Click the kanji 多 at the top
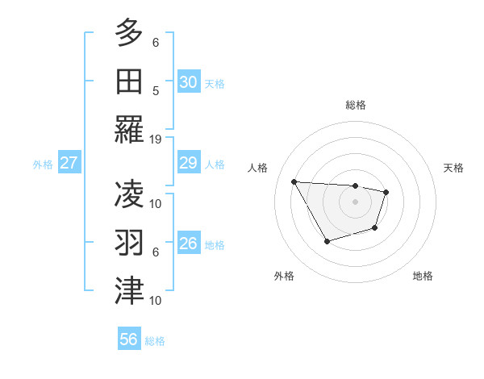[x=129, y=32]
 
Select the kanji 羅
[x=129, y=129]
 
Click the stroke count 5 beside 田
[x=156, y=90]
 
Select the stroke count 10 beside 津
[x=156, y=300]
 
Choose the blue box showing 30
[x=188, y=82]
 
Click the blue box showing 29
[x=188, y=164]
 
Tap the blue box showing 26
[x=188, y=244]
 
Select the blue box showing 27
[x=69, y=164]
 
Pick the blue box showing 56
[x=129, y=339]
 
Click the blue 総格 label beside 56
[x=156, y=341]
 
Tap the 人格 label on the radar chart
[x=258, y=168]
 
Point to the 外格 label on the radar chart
[x=284, y=276]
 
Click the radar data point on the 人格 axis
[x=294, y=181]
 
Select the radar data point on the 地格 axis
[x=375, y=229]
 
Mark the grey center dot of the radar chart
[x=355, y=202]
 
